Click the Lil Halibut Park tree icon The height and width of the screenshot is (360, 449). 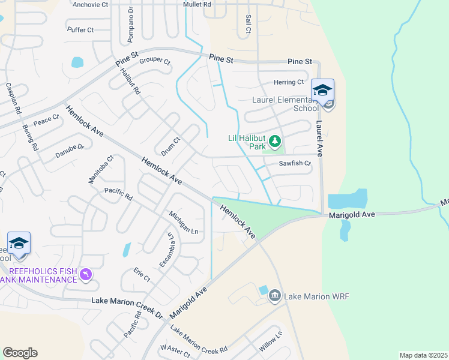[275, 142]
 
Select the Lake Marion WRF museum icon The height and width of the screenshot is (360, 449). [275, 295]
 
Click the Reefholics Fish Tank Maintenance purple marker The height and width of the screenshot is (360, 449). [86, 274]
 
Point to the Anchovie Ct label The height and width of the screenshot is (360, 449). [90, 4]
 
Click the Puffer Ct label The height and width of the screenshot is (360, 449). [80, 29]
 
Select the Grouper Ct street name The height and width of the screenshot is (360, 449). [155, 61]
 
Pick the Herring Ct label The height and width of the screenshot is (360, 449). [289, 82]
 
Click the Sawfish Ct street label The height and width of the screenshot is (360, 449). [295, 163]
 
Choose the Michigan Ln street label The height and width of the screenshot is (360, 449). [183, 223]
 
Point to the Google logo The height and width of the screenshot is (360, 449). [20, 353]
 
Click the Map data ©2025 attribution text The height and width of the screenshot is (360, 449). [423, 355]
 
